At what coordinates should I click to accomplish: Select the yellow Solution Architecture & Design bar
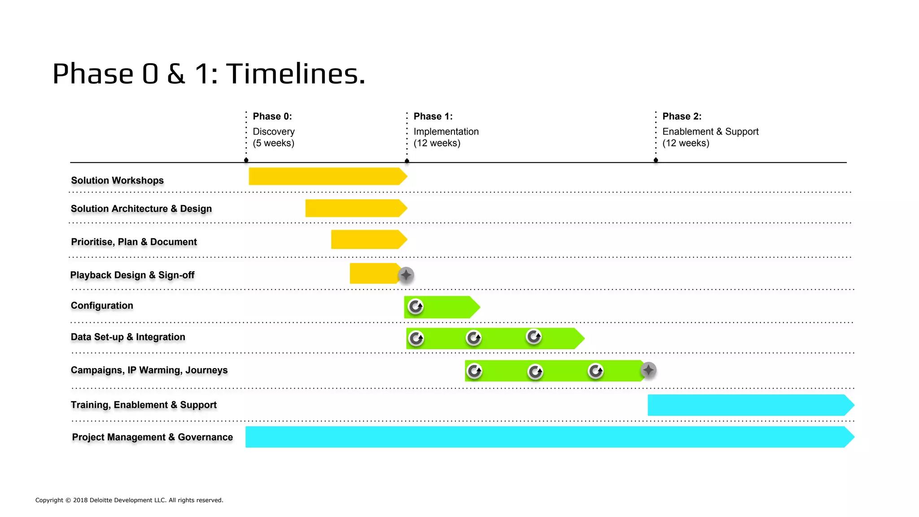pyautogui.click(x=355, y=208)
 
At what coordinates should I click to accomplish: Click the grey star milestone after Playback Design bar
pyautogui.click(x=406, y=275)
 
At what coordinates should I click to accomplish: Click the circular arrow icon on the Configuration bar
pyautogui.click(x=416, y=307)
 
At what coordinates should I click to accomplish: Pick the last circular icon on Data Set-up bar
pyautogui.click(x=534, y=336)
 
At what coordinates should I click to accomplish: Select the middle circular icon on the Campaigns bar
pyautogui.click(x=535, y=371)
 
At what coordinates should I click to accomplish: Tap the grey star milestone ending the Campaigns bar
pyautogui.click(x=648, y=370)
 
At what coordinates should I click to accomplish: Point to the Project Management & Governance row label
pyautogui.click(x=152, y=437)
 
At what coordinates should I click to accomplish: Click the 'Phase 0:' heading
pyautogui.click(x=272, y=116)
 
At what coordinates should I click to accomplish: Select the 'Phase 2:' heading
pyautogui.click(x=682, y=116)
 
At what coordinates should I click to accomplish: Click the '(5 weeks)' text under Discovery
pyautogui.click(x=273, y=143)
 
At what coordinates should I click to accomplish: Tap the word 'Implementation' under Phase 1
pyautogui.click(x=446, y=131)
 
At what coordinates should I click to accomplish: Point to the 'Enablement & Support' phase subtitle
pyautogui.click(x=710, y=131)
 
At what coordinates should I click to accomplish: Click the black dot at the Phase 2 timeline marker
pyautogui.click(x=656, y=160)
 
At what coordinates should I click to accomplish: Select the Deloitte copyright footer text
pyautogui.click(x=129, y=500)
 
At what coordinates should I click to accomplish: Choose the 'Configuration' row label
pyautogui.click(x=102, y=306)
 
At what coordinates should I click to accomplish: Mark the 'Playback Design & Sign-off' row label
pyautogui.click(x=132, y=275)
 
